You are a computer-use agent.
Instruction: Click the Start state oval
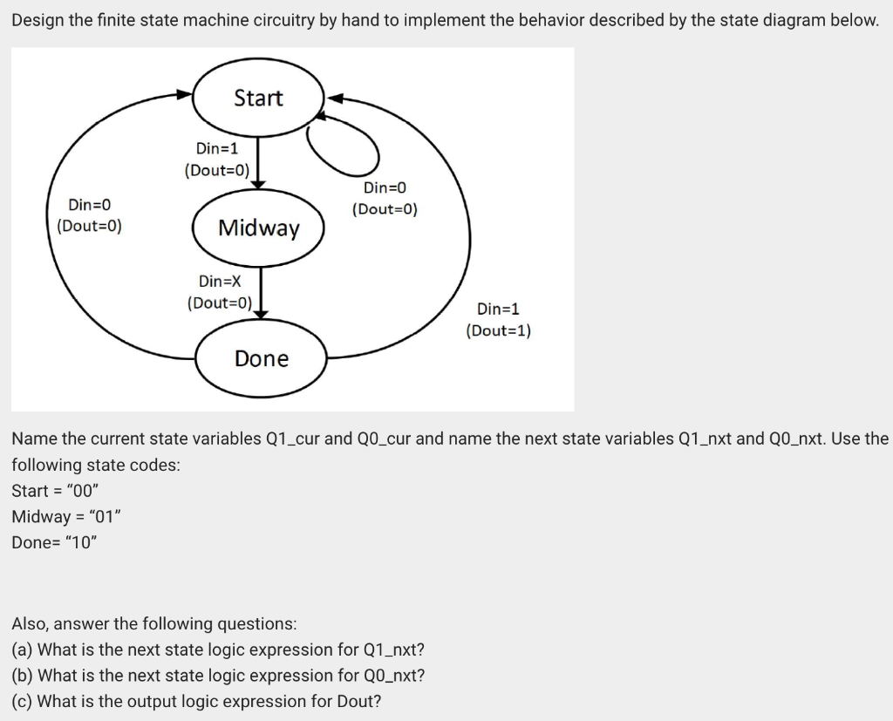258,98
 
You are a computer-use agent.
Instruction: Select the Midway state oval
258,228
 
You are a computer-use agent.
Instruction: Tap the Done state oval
261,358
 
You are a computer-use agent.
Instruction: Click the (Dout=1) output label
498,330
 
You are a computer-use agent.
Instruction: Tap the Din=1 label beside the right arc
498,309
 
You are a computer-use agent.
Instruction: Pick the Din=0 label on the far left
89,205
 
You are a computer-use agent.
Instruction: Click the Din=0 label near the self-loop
385,187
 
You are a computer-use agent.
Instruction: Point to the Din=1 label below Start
217,149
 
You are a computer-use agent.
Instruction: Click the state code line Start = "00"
61,490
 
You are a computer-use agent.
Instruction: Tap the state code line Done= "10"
55,541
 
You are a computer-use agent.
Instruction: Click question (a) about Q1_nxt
218,650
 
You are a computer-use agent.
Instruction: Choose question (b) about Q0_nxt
218,675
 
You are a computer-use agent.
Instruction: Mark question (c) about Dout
196,701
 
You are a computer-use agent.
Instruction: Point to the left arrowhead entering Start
185,94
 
